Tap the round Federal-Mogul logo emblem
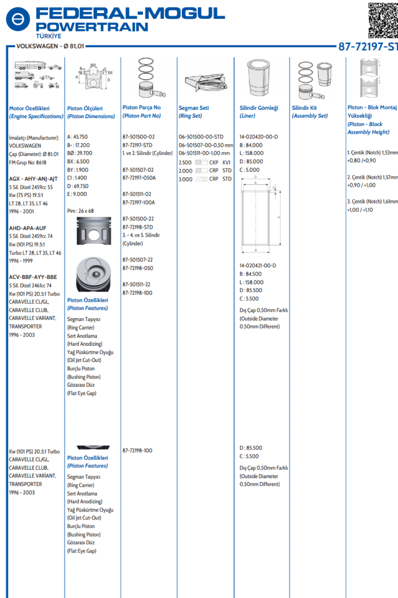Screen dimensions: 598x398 (18, 19)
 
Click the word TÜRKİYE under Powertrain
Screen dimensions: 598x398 (49, 36)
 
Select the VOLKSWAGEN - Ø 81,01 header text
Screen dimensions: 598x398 (50, 46)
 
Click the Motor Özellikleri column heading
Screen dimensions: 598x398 (29, 108)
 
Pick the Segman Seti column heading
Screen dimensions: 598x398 (194, 108)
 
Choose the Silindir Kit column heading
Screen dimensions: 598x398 (304, 108)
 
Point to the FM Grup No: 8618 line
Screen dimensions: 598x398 (28, 162)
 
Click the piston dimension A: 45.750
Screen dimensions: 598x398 (78, 137)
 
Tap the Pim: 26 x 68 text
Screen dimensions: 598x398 (80, 211)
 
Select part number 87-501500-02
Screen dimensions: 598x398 (139, 137)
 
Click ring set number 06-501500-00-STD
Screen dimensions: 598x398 (201, 137)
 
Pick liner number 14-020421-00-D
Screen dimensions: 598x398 (258, 265)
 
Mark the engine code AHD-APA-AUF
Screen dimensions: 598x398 (28, 228)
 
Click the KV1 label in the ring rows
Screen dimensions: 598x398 (226, 162)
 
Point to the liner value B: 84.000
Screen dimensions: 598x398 (251, 145)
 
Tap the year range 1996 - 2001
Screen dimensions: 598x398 (21, 211)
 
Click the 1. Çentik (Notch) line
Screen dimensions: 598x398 (372, 152)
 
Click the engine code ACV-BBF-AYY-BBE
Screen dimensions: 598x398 (33, 277)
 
